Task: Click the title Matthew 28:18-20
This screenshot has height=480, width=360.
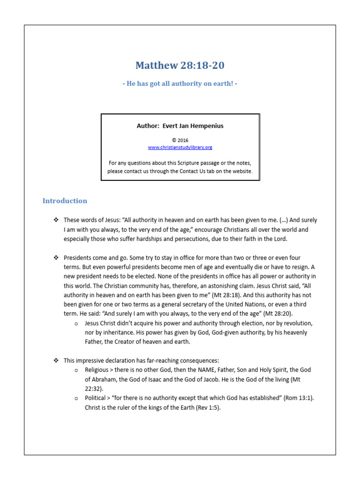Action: point(180,65)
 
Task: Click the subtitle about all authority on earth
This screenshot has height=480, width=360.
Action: point(180,83)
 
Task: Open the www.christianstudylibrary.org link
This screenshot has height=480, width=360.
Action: point(180,147)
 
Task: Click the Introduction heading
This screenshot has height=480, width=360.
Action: point(65,201)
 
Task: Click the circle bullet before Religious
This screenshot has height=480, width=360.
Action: point(76,370)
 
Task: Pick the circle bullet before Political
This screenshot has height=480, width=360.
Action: point(76,398)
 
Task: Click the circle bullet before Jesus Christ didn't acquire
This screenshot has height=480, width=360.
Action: point(76,323)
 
